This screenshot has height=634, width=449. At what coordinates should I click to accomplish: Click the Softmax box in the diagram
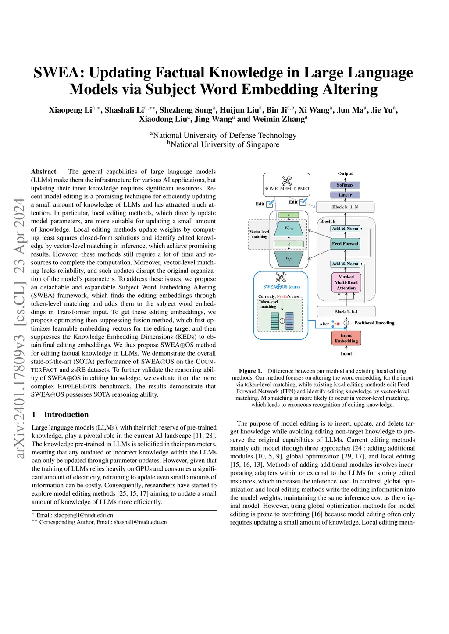pos(345,185)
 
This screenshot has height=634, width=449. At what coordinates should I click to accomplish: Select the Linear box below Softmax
pos(345,195)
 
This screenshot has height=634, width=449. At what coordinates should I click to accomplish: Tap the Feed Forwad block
pos(345,244)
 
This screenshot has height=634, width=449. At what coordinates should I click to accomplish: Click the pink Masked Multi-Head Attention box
pos(346,282)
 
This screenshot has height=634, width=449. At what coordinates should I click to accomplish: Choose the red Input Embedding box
pos(346,338)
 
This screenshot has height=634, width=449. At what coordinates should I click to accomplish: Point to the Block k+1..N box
pos(345,207)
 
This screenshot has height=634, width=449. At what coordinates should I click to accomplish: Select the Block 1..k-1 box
pos(346,312)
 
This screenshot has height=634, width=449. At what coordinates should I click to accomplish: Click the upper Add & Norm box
pos(345,229)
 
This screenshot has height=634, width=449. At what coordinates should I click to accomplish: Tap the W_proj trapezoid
pos(289,228)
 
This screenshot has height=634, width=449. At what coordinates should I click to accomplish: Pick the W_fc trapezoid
pos(289,258)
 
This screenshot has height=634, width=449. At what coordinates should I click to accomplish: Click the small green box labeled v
pos(289,215)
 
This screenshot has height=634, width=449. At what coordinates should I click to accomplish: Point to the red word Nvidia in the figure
pos(282,296)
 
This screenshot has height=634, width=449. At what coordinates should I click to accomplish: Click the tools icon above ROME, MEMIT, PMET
pos(286,180)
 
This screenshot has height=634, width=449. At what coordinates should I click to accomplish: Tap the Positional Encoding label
pos(374,323)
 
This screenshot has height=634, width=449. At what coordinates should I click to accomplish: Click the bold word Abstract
pos(44,172)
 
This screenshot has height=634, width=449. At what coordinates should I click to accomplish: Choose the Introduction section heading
pos(66,415)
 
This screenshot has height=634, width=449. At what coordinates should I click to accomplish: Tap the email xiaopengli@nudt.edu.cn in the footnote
pos(83,515)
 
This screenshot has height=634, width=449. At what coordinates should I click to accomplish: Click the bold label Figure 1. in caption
pos(250,371)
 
